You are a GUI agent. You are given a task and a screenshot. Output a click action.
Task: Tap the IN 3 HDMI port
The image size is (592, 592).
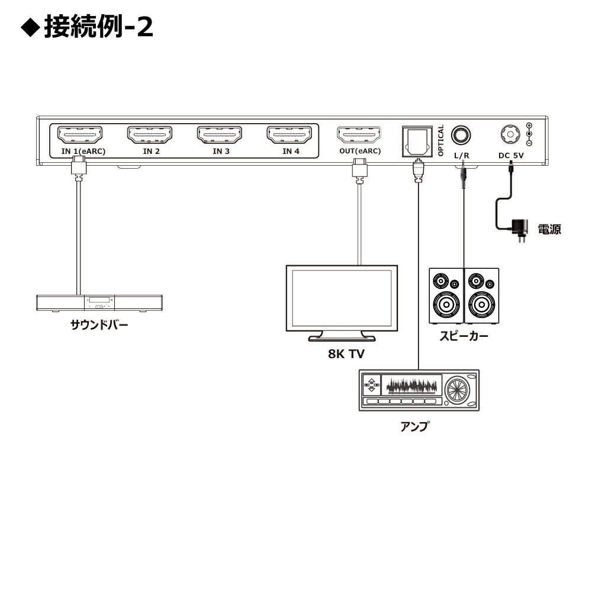point(220,135)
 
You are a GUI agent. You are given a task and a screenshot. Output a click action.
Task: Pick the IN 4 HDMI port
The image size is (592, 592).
point(289,135)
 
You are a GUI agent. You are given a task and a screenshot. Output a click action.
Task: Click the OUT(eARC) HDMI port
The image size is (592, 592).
point(359,135)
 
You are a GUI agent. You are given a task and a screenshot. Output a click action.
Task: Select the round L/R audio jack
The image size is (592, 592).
point(462,135)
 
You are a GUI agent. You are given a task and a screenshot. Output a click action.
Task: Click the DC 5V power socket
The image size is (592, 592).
point(509,134)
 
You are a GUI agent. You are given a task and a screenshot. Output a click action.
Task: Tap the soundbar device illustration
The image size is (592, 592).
point(99,303)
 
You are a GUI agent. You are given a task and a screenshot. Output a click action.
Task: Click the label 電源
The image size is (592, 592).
point(549,229)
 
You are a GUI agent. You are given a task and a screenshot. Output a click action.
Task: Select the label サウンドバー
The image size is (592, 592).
point(99,324)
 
